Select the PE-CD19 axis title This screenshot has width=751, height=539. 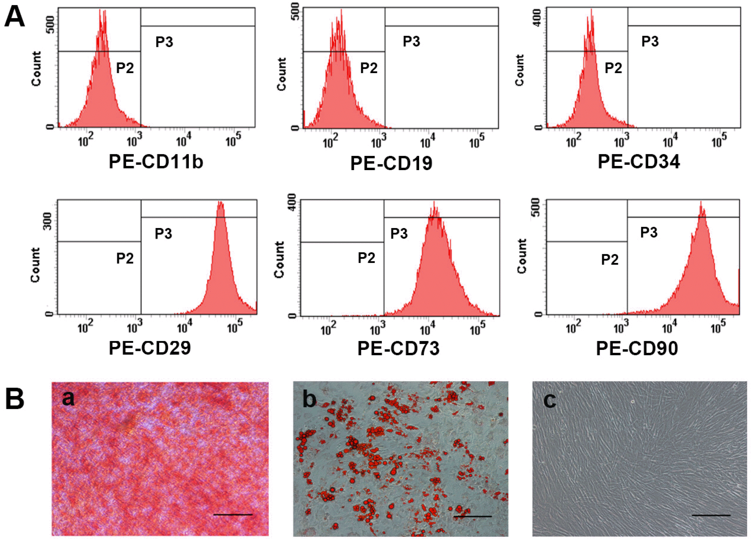pyautogui.click(x=391, y=163)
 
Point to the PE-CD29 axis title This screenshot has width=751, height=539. pyautogui.click(x=150, y=348)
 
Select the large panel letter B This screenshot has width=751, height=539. pyautogui.click(x=14, y=399)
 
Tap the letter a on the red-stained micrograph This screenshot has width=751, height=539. pyautogui.click(x=68, y=398)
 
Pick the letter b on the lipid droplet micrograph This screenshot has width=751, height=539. pyautogui.click(x=309, y=399)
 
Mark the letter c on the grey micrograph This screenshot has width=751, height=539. pyautogui.click(x=550, y=401)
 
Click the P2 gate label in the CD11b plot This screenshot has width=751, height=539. pyautogui.click(x=125, y=68)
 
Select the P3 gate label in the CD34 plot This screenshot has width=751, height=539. pyautogui.click(x=650, y=42)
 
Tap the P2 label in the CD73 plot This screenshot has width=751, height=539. pyautogui.click(x=366, y=258)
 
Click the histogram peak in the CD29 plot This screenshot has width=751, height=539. pyautogui.click(x=220, y=204)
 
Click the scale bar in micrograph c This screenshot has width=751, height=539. pyautogui.click(x=711, y=515)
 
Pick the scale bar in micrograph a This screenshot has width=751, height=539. pyautogui.click(x=233, y=515)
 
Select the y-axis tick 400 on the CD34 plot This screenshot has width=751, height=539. pyautogui.click(x=537, y=17)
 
